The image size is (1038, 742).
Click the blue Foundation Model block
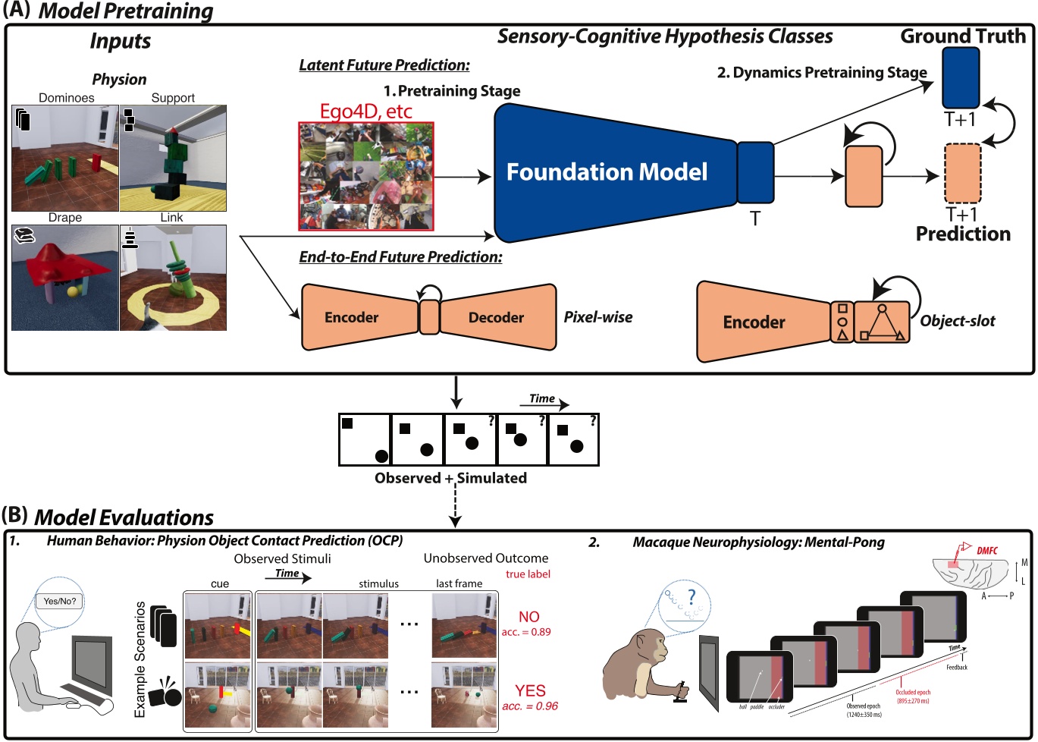tap(607, 172)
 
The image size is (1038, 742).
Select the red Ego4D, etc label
tap(365, 112)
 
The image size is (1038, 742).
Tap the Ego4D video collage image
tap(366, 176)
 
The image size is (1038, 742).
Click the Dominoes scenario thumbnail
tap(65, 158)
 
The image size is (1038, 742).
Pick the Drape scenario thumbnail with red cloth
tap(65, 277)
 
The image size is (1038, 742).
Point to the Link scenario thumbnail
tap(174, 277)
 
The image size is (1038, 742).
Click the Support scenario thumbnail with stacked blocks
tap(174, 158)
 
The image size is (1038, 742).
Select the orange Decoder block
tap(497, 317)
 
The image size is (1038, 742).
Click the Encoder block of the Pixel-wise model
tap(353, 317)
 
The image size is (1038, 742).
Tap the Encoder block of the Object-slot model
tap(754, 322)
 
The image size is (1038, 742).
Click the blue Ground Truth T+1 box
tap(961, 78)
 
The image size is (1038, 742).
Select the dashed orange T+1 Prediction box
tap(962, 174)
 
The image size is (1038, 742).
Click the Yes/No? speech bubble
tap(60, 601)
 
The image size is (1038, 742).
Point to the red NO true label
tap(528, 617)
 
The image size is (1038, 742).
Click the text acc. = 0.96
tap(529, 706)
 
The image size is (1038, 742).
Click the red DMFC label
tap(986, 551)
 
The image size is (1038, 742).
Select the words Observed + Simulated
tap(450, 478)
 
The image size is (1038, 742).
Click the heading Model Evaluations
tap(124, 517)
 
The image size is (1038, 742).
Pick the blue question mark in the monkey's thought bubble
tap(691, 596)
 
